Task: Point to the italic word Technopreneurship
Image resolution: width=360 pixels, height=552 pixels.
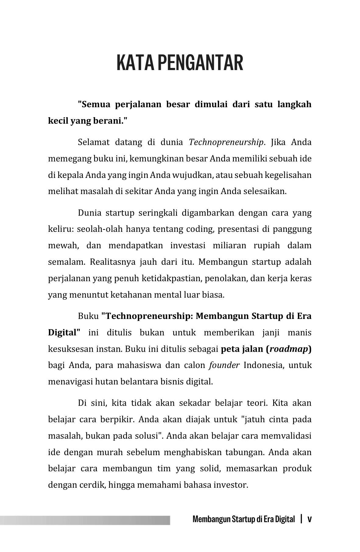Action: (x=226, y=142)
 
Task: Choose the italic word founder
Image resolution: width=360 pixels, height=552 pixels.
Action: (x=224, y=365)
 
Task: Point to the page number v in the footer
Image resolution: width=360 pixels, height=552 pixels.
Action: (x=309, y=519)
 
